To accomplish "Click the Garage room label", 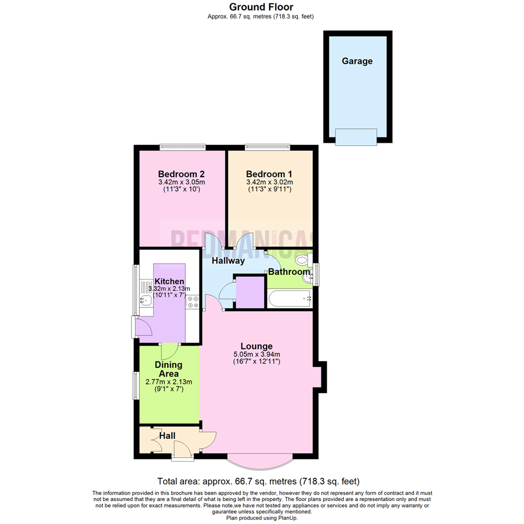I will [x=357, y=61].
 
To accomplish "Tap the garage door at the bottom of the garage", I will [x=356, y=137].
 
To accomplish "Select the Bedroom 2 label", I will [x=181, y=174].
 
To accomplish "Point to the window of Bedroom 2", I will [x=183, y=147].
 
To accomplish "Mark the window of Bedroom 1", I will [x=267, y=147].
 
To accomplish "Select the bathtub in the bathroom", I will [x=289, y=298].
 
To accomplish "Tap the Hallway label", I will [x=228, y=261].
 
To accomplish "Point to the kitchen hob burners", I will [x=193, y=302].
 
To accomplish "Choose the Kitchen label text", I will [x=169, y=281].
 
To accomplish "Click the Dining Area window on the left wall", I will [x=136, y=386].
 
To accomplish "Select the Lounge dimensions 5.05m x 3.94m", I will [x=258, y=355].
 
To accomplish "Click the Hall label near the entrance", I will [x=167, y=436].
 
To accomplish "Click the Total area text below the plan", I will [x=258, y=481].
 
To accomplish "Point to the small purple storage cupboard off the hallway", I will [x=250, y=293].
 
